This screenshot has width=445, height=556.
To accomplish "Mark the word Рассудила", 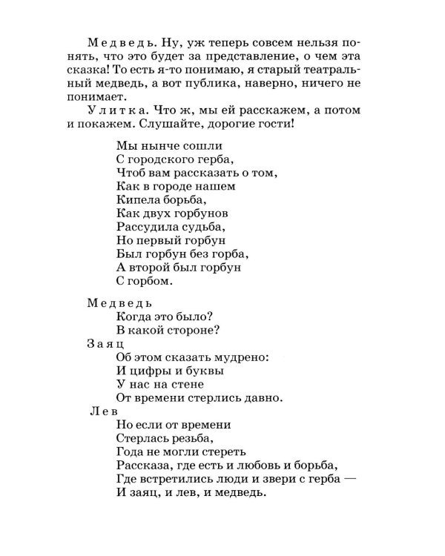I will pyautogui.click(x=148, y=227).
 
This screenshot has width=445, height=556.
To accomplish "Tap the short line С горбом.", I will pyautogui.click(x=144, y=281).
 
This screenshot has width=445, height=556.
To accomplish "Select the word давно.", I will pyautogui.click(x=262, y=398).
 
